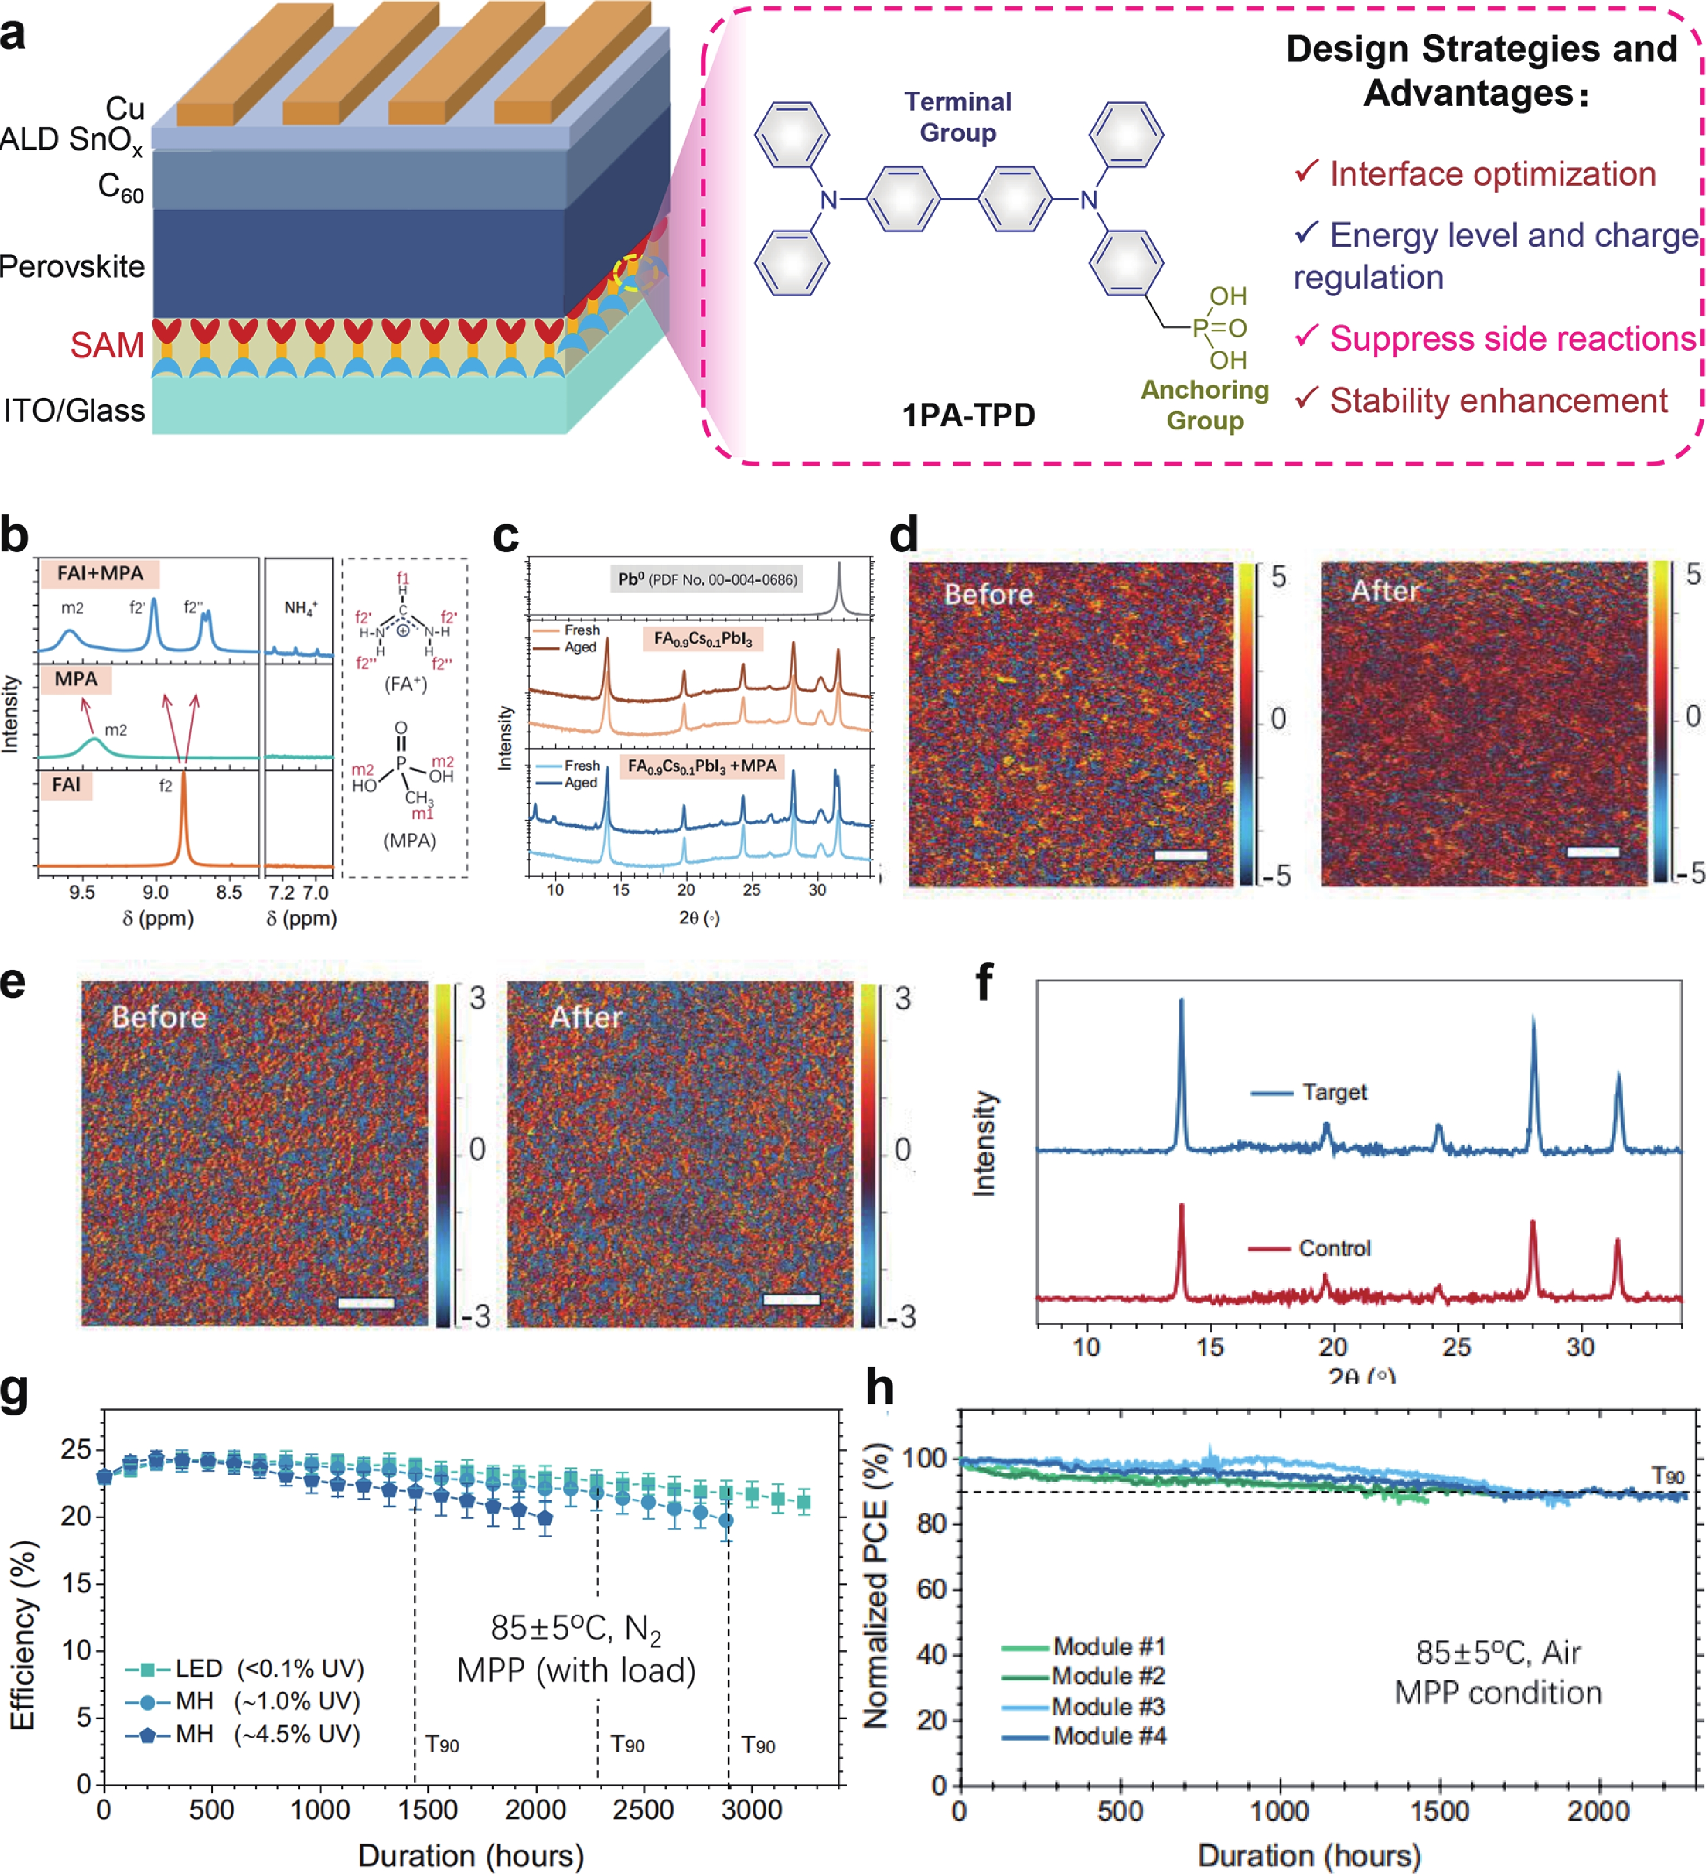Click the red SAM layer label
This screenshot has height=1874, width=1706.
pyautogui.click(x=107, y=345)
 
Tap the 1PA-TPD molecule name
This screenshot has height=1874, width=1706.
pyautogui.click(x=969, y=415)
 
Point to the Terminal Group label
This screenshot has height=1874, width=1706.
pyautogui.click(x=958, y=117)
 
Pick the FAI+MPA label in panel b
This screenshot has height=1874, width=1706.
pyautogui.click(x=100, y=573)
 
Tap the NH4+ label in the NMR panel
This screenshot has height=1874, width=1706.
pyautogui.click(x=300, y=608)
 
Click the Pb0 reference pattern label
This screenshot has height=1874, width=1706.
pyautogui.click(x=707, y=579)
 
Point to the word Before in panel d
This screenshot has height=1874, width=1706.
pyautogui.click(x=988, y=594)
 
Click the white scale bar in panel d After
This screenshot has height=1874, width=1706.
pyautogui.click(x=1593, y=852)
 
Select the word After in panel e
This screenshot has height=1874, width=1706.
pyautogui.click(x=585, y=1017)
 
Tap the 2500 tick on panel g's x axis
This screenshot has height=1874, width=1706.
pyautogui.click(x=643, y=1810)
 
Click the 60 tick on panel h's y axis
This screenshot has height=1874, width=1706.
pyautogui.click(x=930, y=1590)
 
